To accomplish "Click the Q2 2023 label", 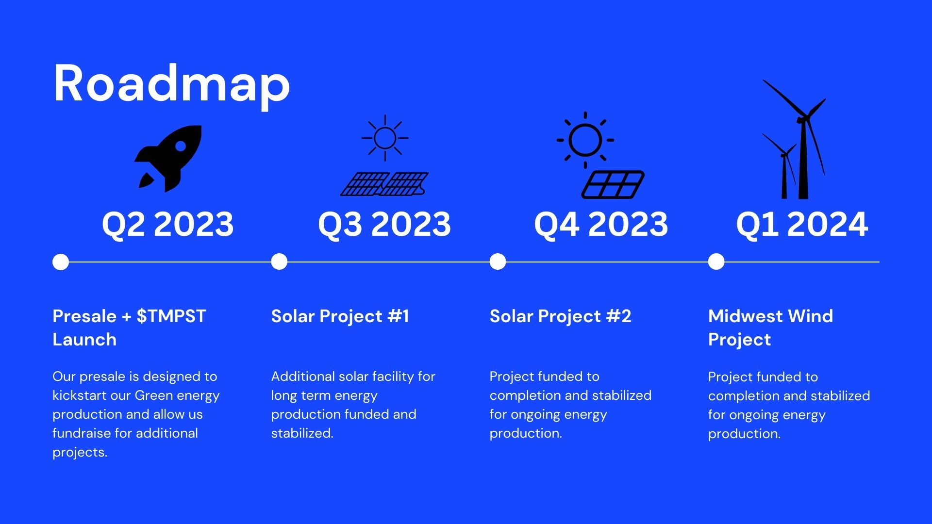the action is pos(167,224).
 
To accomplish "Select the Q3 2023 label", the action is pos(384,224).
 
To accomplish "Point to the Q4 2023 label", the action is pos(601,224).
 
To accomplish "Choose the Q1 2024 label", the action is pos(802,224).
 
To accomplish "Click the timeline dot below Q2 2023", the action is pos(61,262).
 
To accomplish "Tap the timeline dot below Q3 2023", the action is pos(279,262).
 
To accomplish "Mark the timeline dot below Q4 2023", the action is pos(498,262).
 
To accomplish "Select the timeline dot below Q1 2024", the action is pos(716,262).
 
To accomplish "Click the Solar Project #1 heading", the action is pos(340,316).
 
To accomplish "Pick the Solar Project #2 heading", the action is pos(560,316).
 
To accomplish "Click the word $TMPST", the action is pos(171,316).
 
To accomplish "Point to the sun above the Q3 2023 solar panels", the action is pos(385,138).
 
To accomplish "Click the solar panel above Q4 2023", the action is pos(613,184).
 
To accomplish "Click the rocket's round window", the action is pos(181,146).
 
